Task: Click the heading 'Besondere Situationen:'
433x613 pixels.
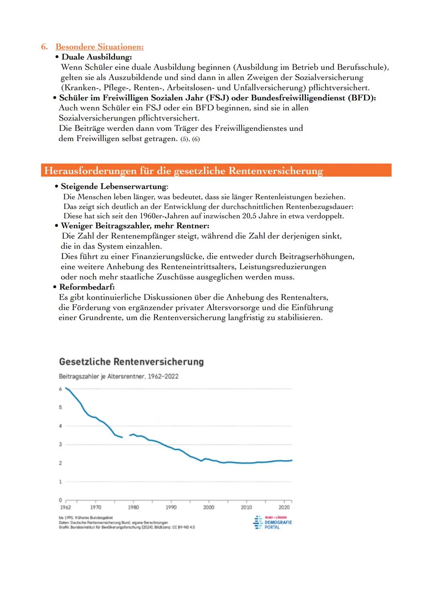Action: pos(99,47)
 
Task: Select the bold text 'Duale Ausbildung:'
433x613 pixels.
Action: pos(96,57)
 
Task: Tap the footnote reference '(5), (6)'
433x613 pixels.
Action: pos(190,139)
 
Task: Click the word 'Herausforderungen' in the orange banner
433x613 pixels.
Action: pos(90,171)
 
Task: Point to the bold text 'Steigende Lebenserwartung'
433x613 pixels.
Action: pos(113,187)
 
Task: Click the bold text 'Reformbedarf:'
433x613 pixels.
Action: pos(87,287)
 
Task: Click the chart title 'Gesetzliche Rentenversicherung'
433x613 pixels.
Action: pos(131,361)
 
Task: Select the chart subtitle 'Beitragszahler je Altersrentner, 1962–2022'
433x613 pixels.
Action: pos(119,376)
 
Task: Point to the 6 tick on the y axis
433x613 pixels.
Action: pos(61,389)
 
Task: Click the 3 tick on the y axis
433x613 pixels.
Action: pos(61,445)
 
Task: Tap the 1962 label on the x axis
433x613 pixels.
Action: pos(65,507)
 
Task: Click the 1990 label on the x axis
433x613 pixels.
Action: pos(171,507)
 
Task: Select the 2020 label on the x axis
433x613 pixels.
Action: pos(284,507)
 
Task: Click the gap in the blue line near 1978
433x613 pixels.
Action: pos(126,436)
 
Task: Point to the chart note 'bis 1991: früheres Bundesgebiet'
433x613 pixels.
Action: pos(86,518)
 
